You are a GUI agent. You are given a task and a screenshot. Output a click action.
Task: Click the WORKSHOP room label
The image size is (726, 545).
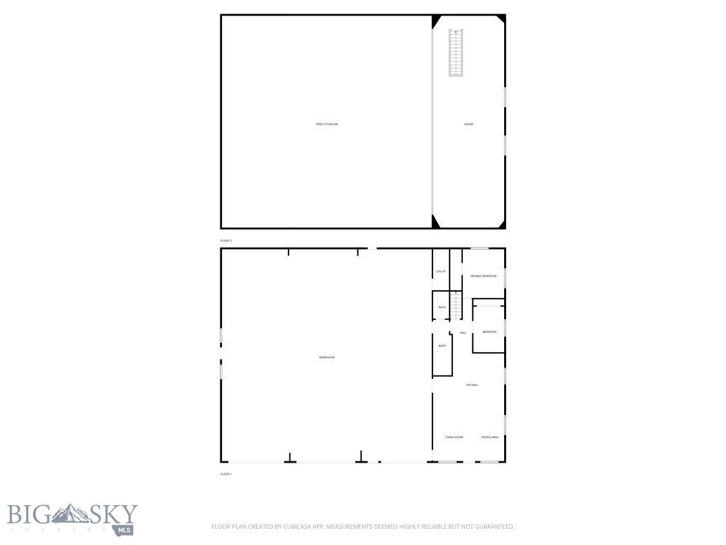[326, 357]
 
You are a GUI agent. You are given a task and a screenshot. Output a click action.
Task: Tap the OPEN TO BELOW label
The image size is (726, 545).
[327, 124]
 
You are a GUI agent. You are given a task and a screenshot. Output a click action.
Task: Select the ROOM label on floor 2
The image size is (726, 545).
[468, 124]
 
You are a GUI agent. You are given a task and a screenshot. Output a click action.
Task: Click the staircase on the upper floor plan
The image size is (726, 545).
[455, 53]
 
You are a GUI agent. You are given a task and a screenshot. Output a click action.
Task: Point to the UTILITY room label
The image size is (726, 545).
[440, 271]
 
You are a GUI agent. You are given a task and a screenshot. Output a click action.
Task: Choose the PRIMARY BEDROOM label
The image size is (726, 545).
[483, 275]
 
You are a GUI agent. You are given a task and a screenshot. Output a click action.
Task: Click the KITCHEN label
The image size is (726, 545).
[471, 385]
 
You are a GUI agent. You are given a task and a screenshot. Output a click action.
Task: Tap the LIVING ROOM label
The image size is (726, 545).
[454, 437]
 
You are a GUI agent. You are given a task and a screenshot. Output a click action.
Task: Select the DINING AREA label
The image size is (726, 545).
[489, 437]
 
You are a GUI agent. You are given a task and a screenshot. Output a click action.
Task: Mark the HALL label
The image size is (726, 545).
[463, 332]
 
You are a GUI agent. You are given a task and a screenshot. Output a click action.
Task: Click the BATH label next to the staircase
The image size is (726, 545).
[442, 307]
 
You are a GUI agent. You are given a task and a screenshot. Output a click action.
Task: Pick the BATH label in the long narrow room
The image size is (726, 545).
[442, 346]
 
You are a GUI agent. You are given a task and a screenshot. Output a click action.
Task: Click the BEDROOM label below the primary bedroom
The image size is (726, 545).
[489, 331]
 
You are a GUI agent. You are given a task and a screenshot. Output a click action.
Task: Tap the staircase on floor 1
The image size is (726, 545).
[456, 306]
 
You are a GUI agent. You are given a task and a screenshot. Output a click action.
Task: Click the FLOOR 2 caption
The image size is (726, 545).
[226, 241]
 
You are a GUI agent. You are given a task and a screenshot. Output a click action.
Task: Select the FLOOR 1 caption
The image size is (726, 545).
[226, 473]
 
